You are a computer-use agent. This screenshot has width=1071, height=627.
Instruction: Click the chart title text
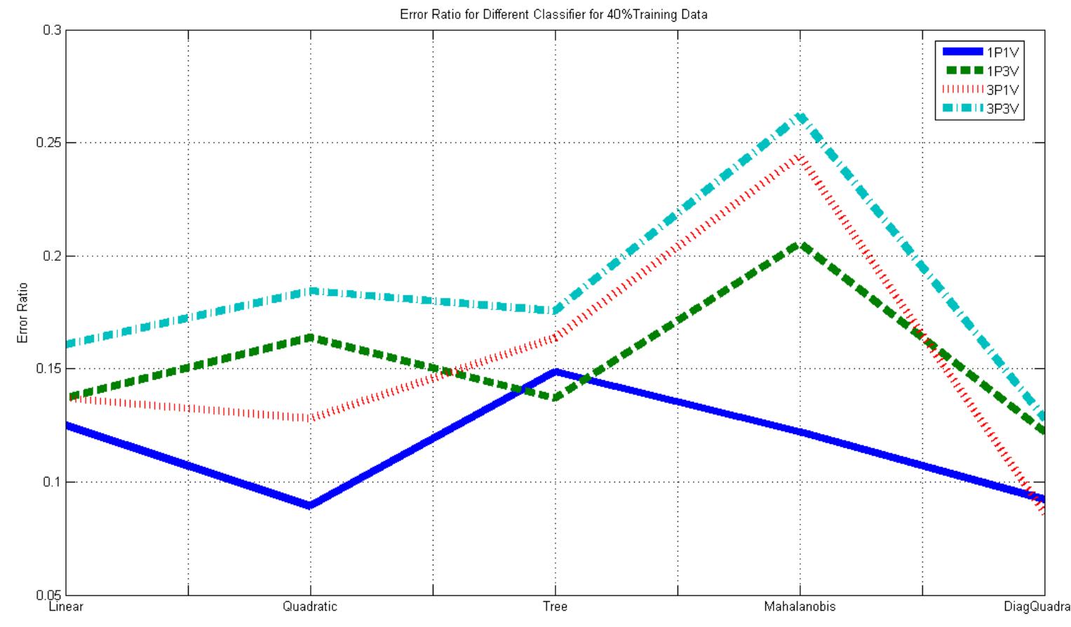(553, 14)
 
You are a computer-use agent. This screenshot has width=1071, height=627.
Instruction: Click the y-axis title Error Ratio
(23, 313)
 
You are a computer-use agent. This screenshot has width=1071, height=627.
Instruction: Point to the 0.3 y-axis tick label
(53, 30)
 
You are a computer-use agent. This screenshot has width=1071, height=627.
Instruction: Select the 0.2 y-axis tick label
(53, 256)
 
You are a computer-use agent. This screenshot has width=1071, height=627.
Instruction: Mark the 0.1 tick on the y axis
(53, 482)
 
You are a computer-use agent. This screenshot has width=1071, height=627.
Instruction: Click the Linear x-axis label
(66, 607)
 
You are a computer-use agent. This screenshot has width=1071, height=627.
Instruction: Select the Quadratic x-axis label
(310, 607)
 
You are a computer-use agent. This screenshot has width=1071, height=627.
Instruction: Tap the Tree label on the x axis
(555, 607)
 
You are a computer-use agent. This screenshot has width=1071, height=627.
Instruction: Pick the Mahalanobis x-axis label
(800, 607)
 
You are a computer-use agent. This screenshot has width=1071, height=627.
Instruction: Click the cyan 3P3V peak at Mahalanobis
(800, 116)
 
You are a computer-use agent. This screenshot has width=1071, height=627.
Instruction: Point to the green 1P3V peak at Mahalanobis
(800, 245)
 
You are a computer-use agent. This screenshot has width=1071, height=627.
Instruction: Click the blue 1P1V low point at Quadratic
(310, 506)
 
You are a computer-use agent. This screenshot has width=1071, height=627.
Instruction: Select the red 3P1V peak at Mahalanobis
(800, 156)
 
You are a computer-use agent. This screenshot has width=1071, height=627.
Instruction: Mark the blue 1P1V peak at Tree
(555, 371)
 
